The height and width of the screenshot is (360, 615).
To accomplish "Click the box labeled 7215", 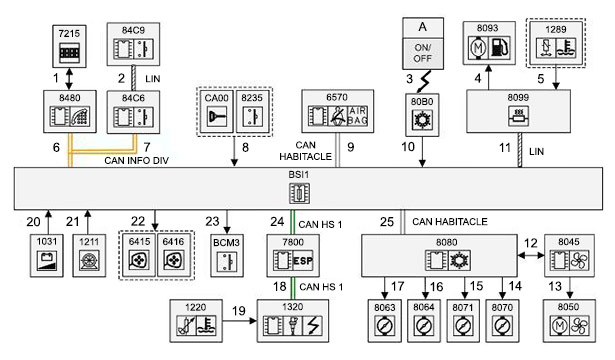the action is click(x=69, y=46).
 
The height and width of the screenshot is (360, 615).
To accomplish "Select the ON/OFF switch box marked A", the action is click(x=423, y=44).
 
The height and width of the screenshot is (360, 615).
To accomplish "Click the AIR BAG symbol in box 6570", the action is click(x=357, y=116).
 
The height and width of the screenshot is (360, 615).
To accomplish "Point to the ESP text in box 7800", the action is click(x=303, y=261).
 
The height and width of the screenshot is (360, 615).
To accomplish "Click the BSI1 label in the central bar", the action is click(x=298, y=174).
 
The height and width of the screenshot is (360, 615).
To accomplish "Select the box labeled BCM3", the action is click(x=227, y=256).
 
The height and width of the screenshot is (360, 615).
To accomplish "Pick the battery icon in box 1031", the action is click(x=47, y=260).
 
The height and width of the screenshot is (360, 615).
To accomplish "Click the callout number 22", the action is click(x=138, y=221).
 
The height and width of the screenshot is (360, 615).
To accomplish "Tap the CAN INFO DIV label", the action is click(x=136, y=160).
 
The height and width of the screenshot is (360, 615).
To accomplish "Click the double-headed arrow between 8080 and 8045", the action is click(x=531, y=255).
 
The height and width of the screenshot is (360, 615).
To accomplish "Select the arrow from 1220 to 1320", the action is click(x=240, y=321).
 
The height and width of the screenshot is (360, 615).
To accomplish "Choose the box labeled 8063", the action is click(x=384, y=321).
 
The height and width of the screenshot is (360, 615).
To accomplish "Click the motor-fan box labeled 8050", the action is click(x=569, y=321).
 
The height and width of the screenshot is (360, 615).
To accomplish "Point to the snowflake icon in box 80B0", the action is click(x=422, y=120).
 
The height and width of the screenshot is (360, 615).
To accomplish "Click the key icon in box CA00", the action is click(x=217, y=116).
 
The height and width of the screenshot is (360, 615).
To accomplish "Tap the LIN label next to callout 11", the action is click(x=536, y=151).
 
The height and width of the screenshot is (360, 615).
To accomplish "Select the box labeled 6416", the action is click(x=173, y=256).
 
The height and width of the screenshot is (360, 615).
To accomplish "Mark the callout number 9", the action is click(x=351, y=147).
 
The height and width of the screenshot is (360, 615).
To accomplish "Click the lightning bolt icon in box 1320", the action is click(x=313, y=325).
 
